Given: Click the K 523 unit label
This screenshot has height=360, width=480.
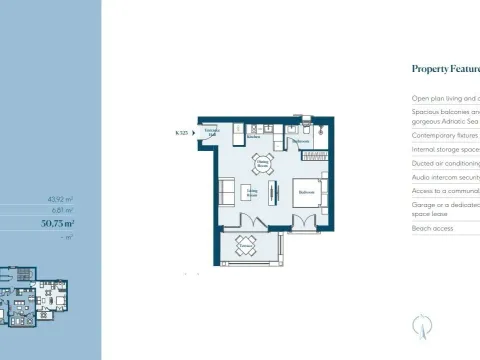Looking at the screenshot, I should [x=182, y=132].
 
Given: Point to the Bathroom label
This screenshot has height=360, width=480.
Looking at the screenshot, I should [x=299, y=141].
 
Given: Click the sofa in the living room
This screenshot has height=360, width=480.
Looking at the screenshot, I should [x=228, y=191].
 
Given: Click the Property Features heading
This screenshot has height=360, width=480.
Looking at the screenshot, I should [x=445, y=69].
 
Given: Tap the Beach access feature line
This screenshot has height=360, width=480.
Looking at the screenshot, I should [x=433, y=229].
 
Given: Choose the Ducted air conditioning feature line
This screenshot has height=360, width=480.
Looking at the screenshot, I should [x=445, y=163].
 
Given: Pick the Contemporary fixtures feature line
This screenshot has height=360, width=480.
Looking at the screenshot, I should [x=445, y=132].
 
